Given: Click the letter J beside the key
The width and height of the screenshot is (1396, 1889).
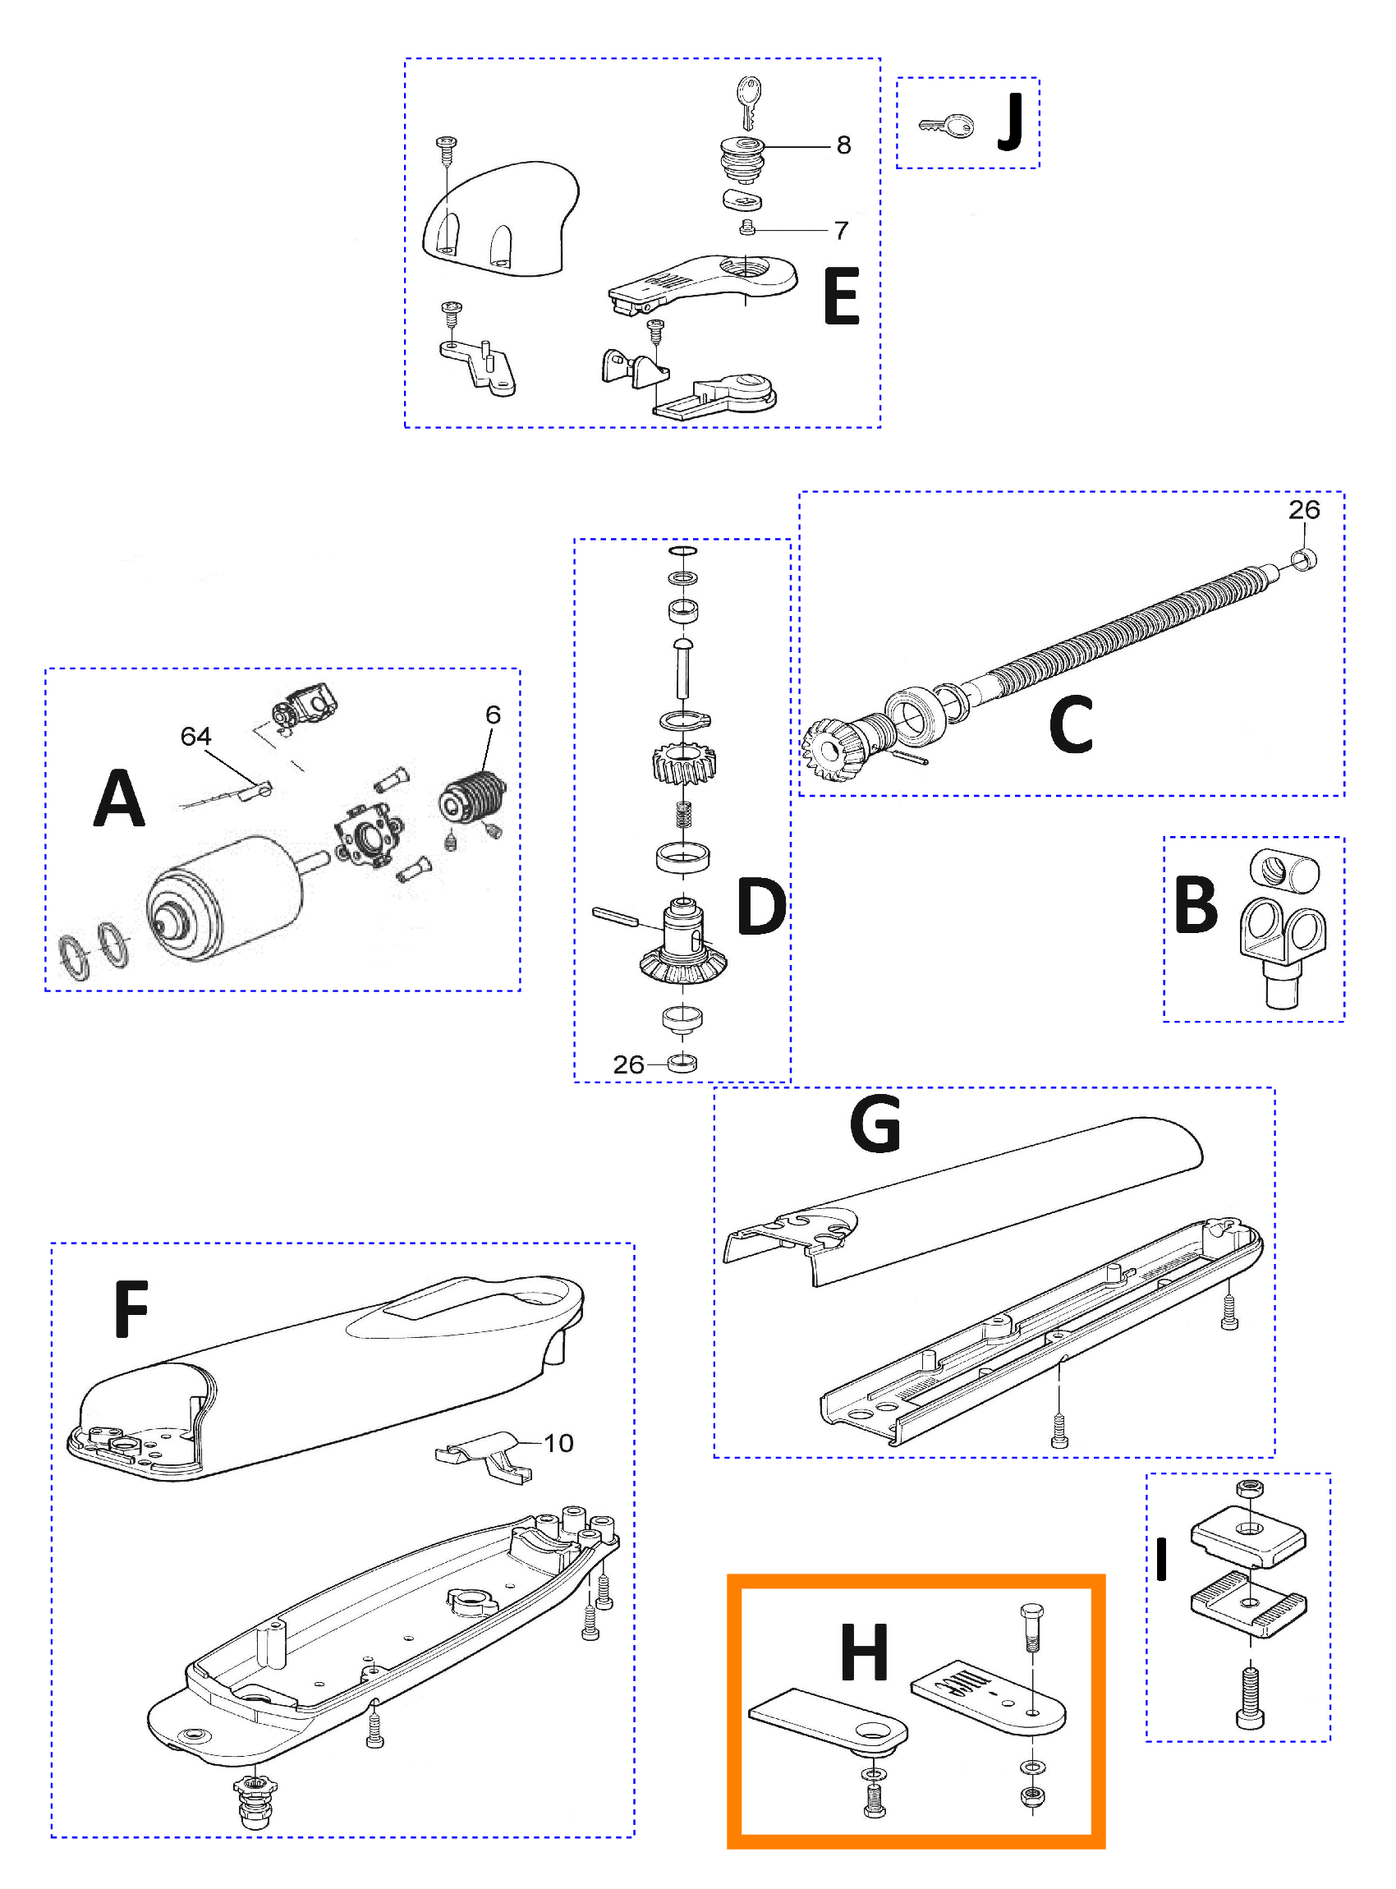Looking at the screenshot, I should tap(1011, 122).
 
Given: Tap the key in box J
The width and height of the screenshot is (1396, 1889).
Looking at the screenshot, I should tap(947, 126).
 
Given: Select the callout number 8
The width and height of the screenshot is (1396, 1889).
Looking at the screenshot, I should tap(843, 145).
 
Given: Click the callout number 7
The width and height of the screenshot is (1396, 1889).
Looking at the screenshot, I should tap(841, 230).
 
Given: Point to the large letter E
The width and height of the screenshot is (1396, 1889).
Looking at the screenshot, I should tap(842, 296).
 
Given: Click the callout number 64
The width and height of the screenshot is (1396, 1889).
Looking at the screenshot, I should tap(195, 736).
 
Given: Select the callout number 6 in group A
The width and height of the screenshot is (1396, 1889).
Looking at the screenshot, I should tap(493, 715).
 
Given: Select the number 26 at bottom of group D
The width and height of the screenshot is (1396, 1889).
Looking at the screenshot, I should tap(629, 1064).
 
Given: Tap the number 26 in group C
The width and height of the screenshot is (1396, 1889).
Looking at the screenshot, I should tap(1304, 510).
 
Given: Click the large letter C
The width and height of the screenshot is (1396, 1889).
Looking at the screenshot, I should tap(1071, 724).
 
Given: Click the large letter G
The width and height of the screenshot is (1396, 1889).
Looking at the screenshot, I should tap(875, 1124).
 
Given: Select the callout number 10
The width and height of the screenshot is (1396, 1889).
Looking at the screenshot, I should tap(558, 1443).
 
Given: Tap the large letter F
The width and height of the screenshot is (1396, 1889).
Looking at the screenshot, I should tap(132, 1309).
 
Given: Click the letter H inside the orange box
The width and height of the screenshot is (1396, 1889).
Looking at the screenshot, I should tap(865, 1652).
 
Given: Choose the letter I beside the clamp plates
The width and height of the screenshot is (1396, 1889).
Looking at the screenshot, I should tap(1162, 1560).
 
